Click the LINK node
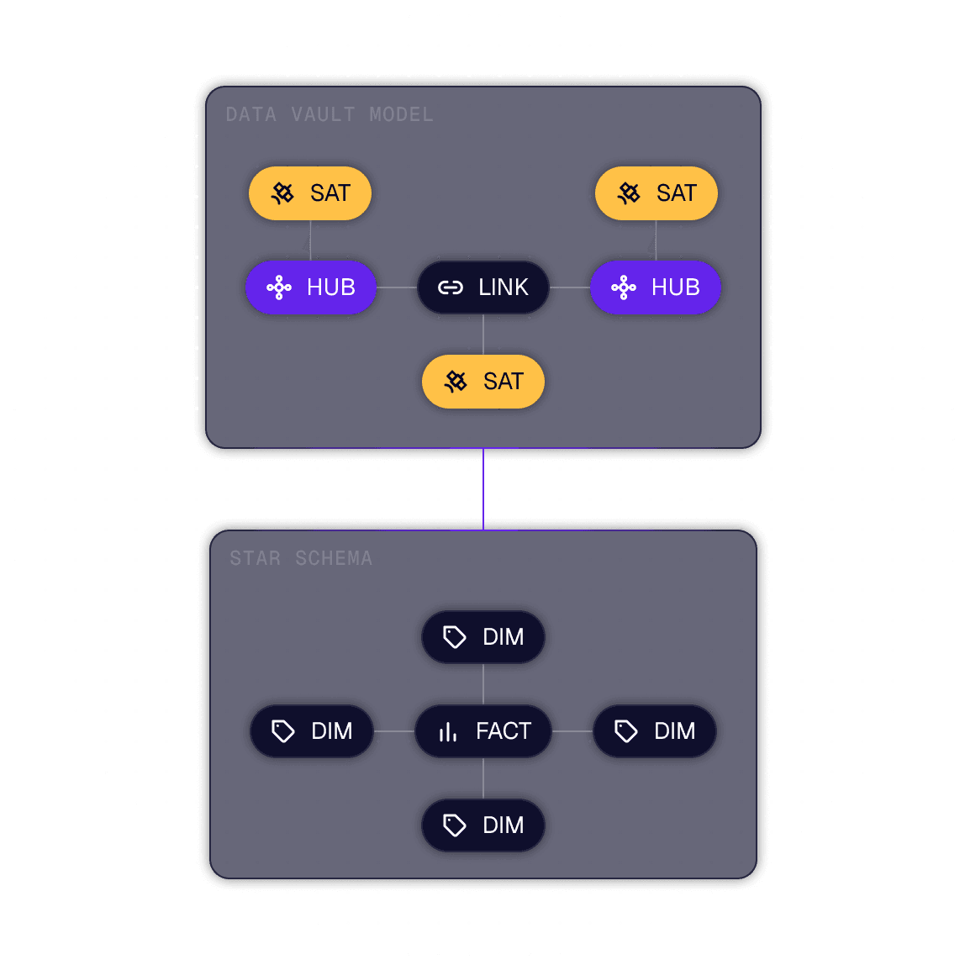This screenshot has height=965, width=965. click(483, 287)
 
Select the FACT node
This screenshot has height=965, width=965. click(483, 731)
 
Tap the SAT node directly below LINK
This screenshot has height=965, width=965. click(483, 382)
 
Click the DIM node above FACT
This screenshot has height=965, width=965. click(483, 637)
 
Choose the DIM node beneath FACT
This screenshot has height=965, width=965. click(483, 825)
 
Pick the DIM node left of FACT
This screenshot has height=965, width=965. click(312, 731)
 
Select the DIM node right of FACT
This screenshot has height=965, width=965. click(655, 731)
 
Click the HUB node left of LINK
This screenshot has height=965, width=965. click(311, 287)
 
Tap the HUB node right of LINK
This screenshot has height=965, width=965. click(656, 287)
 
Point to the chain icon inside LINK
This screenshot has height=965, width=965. click(451, 288)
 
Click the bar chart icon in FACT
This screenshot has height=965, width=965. click(448, 732)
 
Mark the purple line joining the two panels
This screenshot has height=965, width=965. click(483, 489)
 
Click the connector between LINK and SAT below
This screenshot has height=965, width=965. click(483, 335)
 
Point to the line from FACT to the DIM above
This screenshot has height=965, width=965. click(483, 684)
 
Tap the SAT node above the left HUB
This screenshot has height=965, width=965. click(310, 193)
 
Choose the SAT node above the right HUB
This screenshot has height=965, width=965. click(657, 193)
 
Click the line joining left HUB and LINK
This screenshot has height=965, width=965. click(397, 287)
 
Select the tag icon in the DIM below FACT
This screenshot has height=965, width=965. click(455, 825)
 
